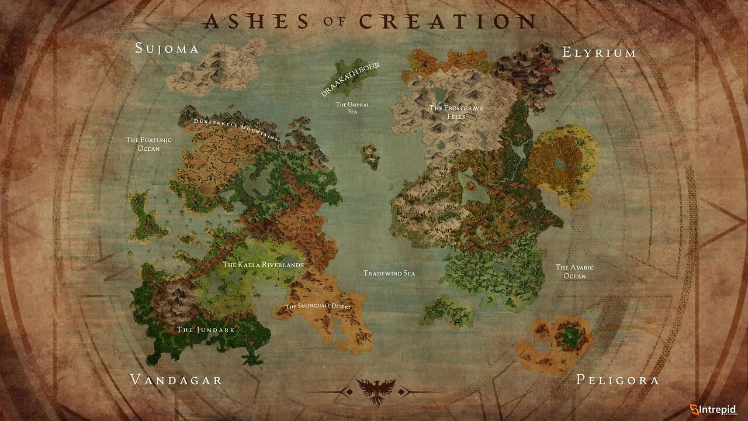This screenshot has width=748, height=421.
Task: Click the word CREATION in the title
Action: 447,21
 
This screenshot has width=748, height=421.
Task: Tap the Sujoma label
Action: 167,48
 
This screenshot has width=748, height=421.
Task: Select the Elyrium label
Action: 599,52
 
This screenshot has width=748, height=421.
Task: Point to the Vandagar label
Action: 176,380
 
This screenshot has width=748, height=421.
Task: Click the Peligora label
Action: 618,380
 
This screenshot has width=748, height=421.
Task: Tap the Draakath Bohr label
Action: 351,80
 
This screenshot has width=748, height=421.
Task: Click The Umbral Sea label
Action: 352,108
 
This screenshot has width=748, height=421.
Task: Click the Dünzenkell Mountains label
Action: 236,130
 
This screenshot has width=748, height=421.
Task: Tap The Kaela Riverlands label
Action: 263,265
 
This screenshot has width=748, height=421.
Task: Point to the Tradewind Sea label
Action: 389,273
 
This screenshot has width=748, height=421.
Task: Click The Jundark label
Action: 206,330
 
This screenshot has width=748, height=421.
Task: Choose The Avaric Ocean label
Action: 574,271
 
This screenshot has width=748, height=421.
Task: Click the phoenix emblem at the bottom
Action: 375,391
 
